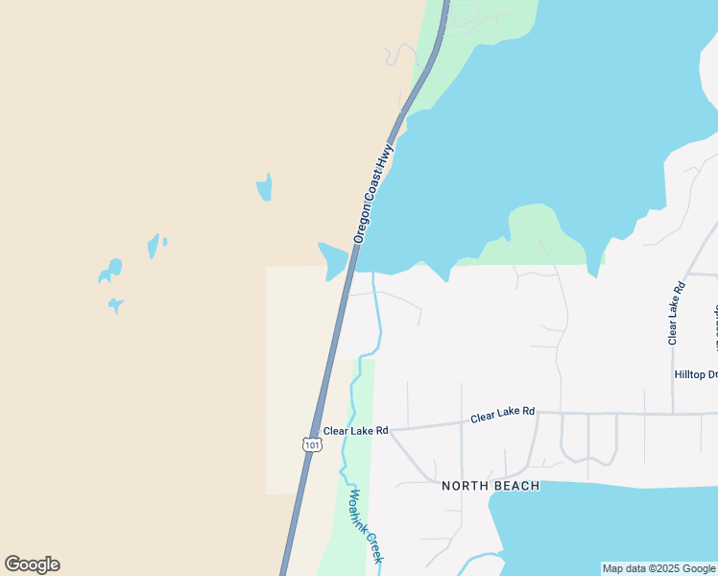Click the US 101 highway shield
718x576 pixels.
311,444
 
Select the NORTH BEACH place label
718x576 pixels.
491,486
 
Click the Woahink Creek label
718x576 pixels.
367,526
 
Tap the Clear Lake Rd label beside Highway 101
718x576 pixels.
355,431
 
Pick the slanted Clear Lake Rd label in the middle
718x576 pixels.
502,415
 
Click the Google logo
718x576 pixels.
32,564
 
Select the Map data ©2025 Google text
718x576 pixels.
658,568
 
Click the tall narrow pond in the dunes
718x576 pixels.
264,187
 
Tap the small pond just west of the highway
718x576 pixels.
333,259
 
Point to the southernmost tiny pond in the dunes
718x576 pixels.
115,305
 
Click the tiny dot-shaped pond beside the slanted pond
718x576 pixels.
165,241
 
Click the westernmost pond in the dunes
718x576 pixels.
110,271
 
